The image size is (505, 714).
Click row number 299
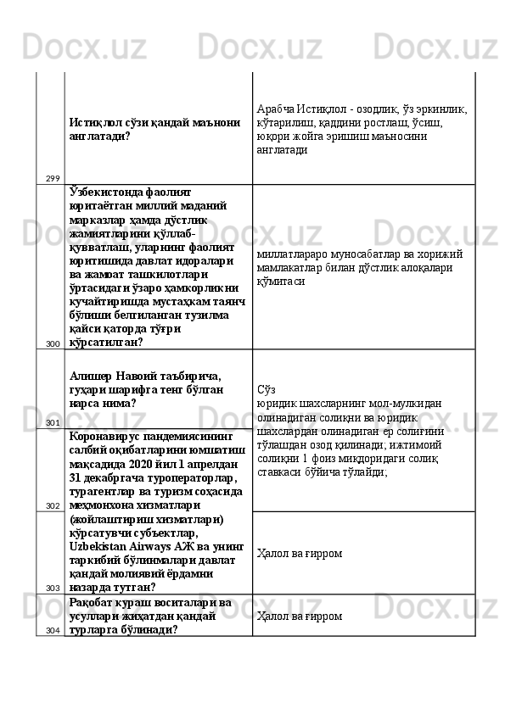[x=53, y=178]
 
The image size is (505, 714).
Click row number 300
[x=53, y=343]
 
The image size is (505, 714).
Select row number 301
[x=53, y=422]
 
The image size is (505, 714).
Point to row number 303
[x=53, y=587]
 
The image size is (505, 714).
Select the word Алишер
[x=89, y=376]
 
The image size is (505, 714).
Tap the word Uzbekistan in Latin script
[x=97, y=545]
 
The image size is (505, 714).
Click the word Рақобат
[x=91, y=602]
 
